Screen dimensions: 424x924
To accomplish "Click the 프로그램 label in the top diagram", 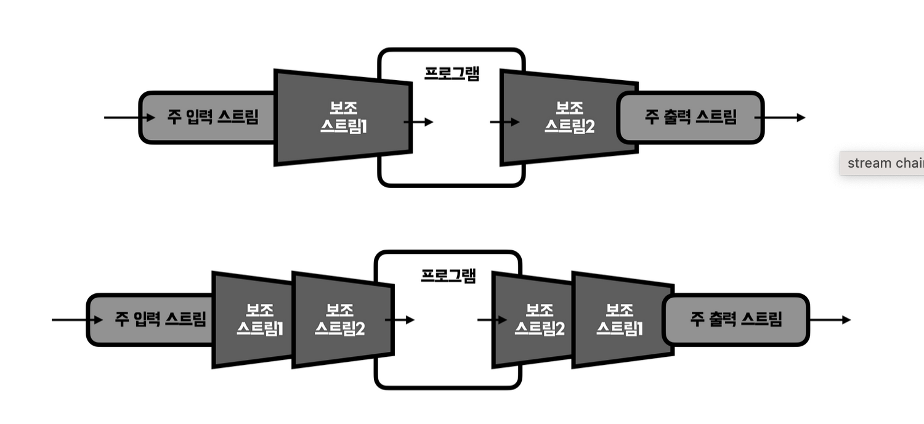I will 452,73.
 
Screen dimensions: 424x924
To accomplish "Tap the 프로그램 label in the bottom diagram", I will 448,275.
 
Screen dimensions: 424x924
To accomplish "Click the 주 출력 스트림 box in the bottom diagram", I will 736,319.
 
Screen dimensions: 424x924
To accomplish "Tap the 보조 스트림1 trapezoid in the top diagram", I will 342,117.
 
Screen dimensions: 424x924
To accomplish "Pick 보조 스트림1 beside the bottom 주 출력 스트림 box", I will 620,319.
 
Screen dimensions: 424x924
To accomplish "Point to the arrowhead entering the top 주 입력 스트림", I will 150,117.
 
